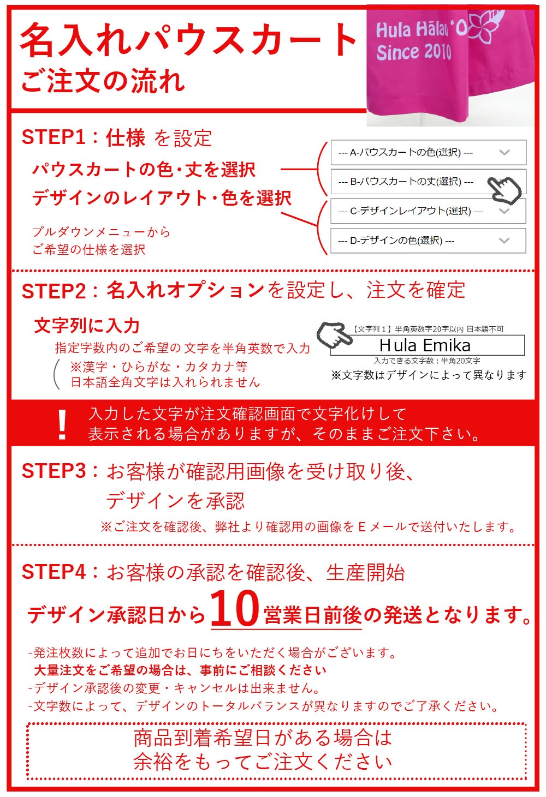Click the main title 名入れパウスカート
pyautogui.click(x=188, y=41)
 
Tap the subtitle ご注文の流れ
pyautogui.click(x=103, y=81)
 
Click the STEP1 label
pyautogui.click(x=54, y=137)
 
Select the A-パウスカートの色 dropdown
pyautogui.click(x=428, y=153)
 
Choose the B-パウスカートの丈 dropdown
pyautogui.click(x=415, y=182)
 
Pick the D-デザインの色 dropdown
pyautogui.click(x=428, y=241)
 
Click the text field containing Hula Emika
pyautogui.click(x=427, y=345)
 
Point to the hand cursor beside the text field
pyautogui.click(x=334, y=334)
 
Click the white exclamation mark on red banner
pyautogui.click(x=62, y=424)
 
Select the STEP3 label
pyautogui.click(x=54, y=471)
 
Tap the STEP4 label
pyautogui.click(x=54, y=572)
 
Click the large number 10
pyautogui.click(x=234, y=609)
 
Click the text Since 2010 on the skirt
pyautogui.click(x=414, y=52)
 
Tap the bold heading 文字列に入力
pyautogui.click(x=87, y=326)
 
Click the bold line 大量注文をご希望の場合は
pyautogui.click(x=180, y=670)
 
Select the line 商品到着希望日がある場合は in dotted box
pyautogui.click(x=263, y=738)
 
